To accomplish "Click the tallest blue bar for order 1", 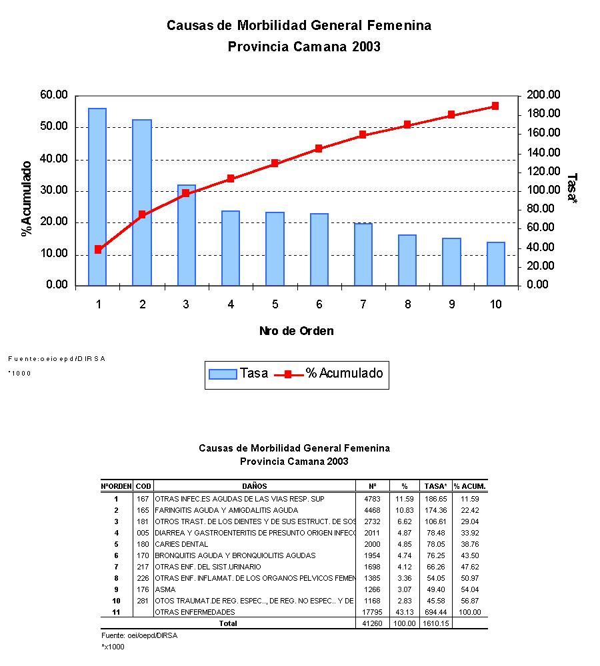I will click(x=97, y=196).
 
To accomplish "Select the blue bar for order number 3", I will click(x=186, y=235).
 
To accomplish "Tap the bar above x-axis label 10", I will click(x=495, y=264).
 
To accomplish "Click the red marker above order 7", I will click(x=363, y=135).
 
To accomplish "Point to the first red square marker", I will click(x=98, y=249).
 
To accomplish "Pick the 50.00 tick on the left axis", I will click(x=54, y=127).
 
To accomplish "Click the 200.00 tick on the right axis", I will click(x=544, y=95).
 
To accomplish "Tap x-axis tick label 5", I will click(x=275, y=304).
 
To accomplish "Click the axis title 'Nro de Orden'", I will click(x=296, y=331).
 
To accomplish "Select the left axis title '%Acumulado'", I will click(x=27, y=198).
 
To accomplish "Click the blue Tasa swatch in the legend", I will click(x=223, y=374).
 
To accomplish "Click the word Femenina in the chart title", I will click(x=399, y=25).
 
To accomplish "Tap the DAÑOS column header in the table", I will click(x=255, y=486).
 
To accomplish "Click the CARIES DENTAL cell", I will click(x=181, y=544).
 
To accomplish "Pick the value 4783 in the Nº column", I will click(x=372, y=498).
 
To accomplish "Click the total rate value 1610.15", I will click(x=436, y=623).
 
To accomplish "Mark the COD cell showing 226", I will click(x=143, y=578).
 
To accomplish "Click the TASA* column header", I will click(x=436, y=486).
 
